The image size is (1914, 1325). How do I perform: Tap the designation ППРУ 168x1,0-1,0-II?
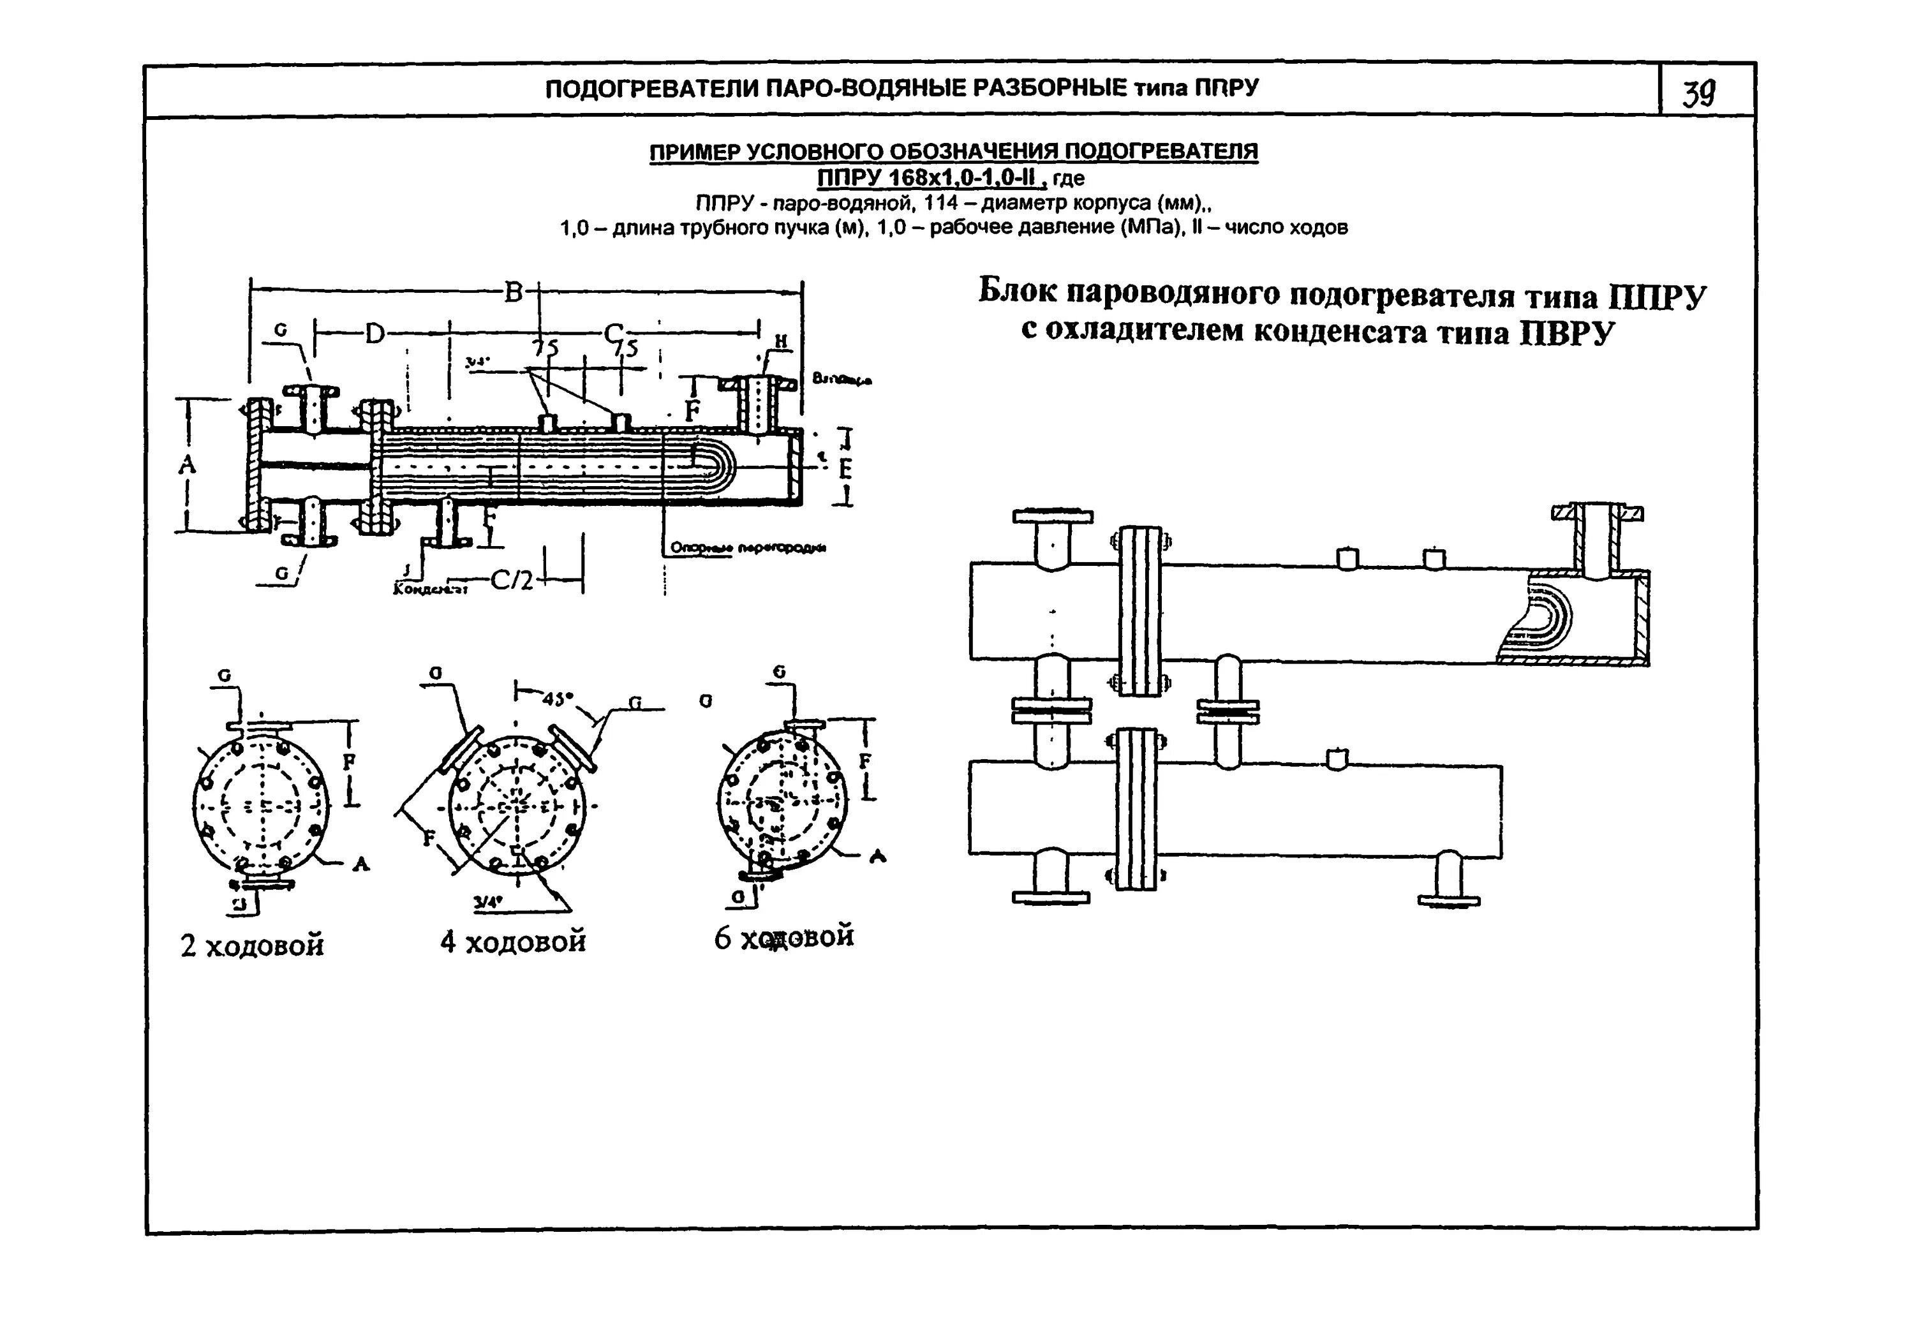point(930,177)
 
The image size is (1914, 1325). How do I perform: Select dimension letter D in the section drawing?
point(375,334)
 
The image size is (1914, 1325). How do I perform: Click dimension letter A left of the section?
point(188,465)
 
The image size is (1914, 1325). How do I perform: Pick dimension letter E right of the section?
point(845,469)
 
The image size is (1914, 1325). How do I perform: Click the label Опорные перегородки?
point(747,548)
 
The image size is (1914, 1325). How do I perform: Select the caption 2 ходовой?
point(251,945)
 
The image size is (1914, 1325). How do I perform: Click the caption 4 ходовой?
point(513,942)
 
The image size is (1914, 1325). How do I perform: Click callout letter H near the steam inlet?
point(780,341)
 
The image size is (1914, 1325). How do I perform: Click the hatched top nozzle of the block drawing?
point(1597,540)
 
